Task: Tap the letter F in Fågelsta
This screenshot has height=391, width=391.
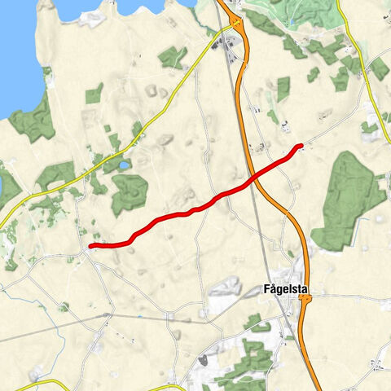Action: (268, 288)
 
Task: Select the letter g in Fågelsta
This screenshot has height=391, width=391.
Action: (279, 290)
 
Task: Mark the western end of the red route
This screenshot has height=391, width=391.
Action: (91, 245)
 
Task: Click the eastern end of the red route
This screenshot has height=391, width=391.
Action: (301, 146)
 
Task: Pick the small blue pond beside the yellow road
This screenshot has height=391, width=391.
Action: (123, 165)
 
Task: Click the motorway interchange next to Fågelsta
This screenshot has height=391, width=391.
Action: (304, 300)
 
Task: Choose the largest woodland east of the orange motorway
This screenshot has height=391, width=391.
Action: (349, 200)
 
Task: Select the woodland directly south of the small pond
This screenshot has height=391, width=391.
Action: (129, 194)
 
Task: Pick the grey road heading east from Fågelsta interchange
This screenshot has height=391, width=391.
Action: (350, 298)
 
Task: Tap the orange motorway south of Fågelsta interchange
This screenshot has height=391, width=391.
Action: (313, 350)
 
